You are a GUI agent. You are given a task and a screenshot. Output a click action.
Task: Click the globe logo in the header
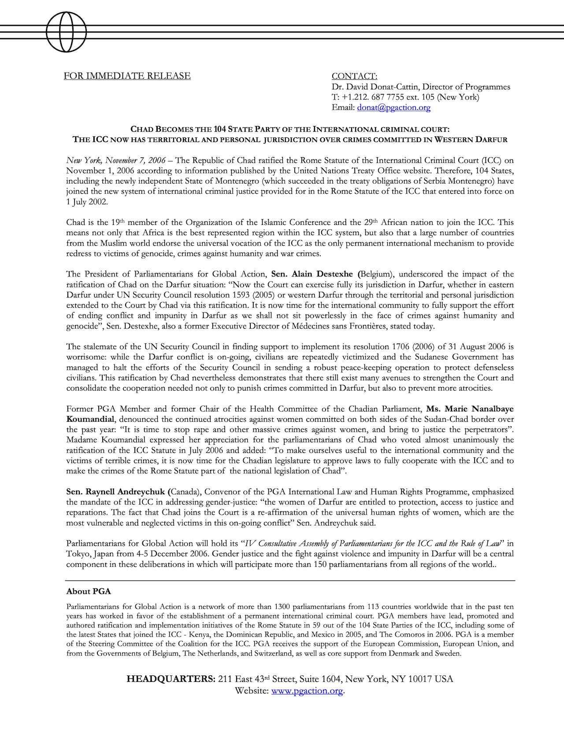point(66,32)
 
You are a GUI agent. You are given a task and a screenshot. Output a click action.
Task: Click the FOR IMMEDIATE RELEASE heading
point(127,76)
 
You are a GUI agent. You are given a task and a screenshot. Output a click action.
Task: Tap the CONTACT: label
point(354,76)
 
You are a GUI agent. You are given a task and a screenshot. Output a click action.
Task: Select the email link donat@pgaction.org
point(393,107)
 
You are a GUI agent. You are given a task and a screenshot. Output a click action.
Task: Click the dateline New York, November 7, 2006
point(116,160)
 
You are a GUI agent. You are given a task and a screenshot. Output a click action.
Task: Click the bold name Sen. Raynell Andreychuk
point(117,491)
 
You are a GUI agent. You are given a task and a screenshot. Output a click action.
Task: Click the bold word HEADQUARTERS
point(171,679)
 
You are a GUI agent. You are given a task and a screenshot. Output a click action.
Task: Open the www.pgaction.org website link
point(307,690)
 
